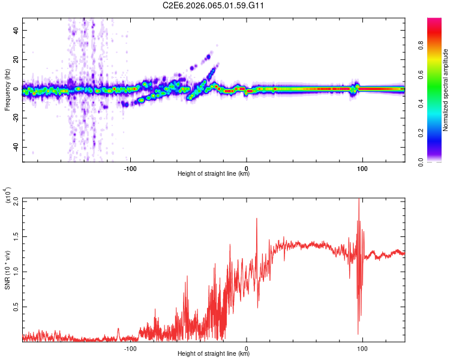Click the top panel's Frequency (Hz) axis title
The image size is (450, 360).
tap(7, 90)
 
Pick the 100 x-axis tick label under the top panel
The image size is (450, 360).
tap(362, 167)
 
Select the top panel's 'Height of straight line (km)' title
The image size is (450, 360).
tap(214, 174)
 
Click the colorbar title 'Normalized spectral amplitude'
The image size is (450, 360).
tap(446, 90)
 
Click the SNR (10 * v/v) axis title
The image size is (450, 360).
tap(7, 269)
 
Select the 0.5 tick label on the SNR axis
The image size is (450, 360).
tap(14, 307)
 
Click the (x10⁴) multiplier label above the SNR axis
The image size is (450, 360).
tap(9, 195)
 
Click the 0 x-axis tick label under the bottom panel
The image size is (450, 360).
tap(247, 347)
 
